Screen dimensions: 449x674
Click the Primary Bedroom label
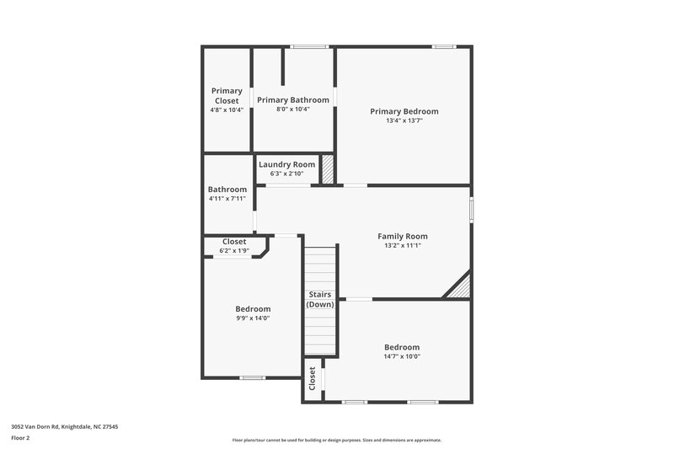(x=404, y=111)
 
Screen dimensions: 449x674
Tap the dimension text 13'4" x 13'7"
(x=404, y=120)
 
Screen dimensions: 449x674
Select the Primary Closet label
(x=227, y=95)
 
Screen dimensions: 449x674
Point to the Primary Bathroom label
(x=293, y=99)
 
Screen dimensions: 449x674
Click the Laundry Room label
(x=286, y=164)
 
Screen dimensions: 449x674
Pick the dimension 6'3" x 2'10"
(x=286, y=174)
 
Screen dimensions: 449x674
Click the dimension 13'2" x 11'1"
(x=403, y=246)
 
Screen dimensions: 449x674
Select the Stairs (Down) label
(x=320, y=299)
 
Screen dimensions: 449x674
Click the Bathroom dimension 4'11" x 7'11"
(x=227, y=199)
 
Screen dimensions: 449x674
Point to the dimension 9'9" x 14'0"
(x=253, y=318)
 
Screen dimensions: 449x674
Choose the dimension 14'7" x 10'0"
(x=402, y=356)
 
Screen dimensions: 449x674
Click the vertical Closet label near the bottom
(x=313, y=378)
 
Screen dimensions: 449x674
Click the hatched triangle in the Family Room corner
(x=460, y=288)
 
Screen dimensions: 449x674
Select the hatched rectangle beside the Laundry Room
(x=328, y=168)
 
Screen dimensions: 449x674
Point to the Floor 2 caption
(x=19, y=438)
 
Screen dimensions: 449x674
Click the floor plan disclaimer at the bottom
(x=336, y=440)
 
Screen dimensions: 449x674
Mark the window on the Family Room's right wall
(x=471, y=209)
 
